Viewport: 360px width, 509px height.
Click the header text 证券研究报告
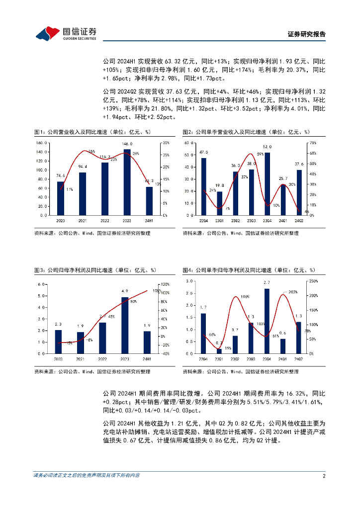(x=307, y=34)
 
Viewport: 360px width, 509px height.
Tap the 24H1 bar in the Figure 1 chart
(x=149, y=201)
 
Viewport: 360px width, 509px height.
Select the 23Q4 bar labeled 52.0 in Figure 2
(x=268, y=183)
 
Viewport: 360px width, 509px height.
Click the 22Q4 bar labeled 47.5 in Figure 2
(x=203, y=186)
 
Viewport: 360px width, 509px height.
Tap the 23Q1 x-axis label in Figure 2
(x=219, y=220)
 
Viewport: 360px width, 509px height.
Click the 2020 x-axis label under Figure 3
(x=59, y=358)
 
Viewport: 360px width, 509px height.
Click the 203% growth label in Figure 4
(x=292, y=292)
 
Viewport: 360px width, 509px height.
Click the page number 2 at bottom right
(x=324, y=476)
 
